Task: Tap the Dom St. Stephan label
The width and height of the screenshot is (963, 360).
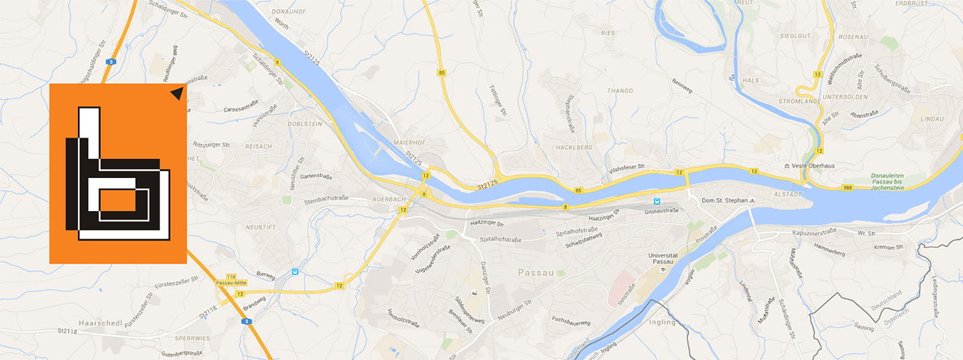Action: tap(723, 201)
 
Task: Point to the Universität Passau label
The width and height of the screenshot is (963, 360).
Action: tap(663, 256)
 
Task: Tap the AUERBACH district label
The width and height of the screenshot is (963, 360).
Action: tap(388, 199)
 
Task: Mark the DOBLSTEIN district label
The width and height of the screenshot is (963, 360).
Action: tap(305, 124)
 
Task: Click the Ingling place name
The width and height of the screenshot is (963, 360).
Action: tap(661, 322)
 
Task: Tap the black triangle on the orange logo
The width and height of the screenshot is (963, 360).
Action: tap(177, 93)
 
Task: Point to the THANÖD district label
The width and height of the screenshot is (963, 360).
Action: tap(618, 91)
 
